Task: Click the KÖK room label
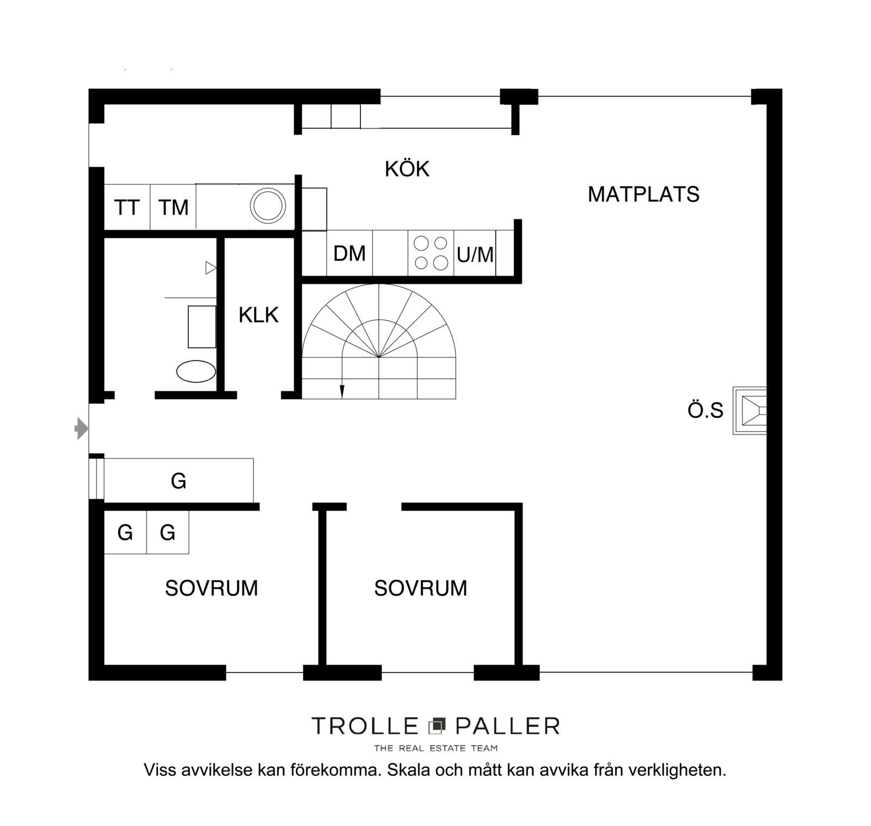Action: [x=407, y=169]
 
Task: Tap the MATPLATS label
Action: [x=643, y=194]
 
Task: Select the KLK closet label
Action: [x=259, y=315]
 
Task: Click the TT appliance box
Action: [x=127, y=207]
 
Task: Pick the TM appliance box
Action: [x=173, y=207]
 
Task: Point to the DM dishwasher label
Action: [x=349, y=253]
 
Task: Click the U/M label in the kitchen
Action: [x=475, y=254]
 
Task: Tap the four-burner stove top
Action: [x=431, y=253]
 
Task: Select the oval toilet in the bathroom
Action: [x=196, y=371]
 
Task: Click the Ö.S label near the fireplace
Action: [x=706, y=411]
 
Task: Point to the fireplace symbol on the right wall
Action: [x=750, y=411]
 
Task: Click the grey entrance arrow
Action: [x=82, y=429]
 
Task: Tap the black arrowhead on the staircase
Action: [x=342, y=391]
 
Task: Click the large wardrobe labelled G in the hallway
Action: [x=179, y=480]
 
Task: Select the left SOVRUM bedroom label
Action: [x=211, y=589]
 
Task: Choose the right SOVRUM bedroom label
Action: [x=420, y=589]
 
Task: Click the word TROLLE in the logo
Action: [x=365, y=726]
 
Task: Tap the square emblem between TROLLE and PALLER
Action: [x=437, y=725]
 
